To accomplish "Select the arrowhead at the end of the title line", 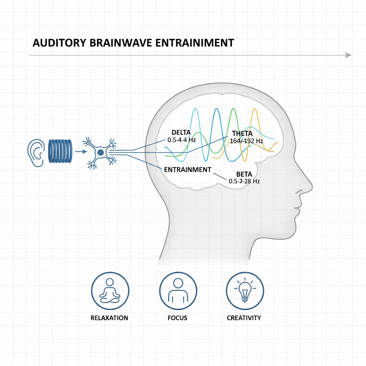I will pos(348,55).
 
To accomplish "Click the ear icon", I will pos(35,153).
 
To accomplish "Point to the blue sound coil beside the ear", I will pos(60,152).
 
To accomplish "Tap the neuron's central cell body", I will pos(100,153).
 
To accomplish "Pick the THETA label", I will pos(242,134).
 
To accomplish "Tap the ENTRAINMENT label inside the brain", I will pos(187,169).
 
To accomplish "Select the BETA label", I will pos(244,174).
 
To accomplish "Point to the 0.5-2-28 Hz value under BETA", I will pos(244,182).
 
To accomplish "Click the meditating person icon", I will pos(109,291).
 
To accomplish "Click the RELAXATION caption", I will pos(109,318).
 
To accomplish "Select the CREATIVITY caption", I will pos(244,318).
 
